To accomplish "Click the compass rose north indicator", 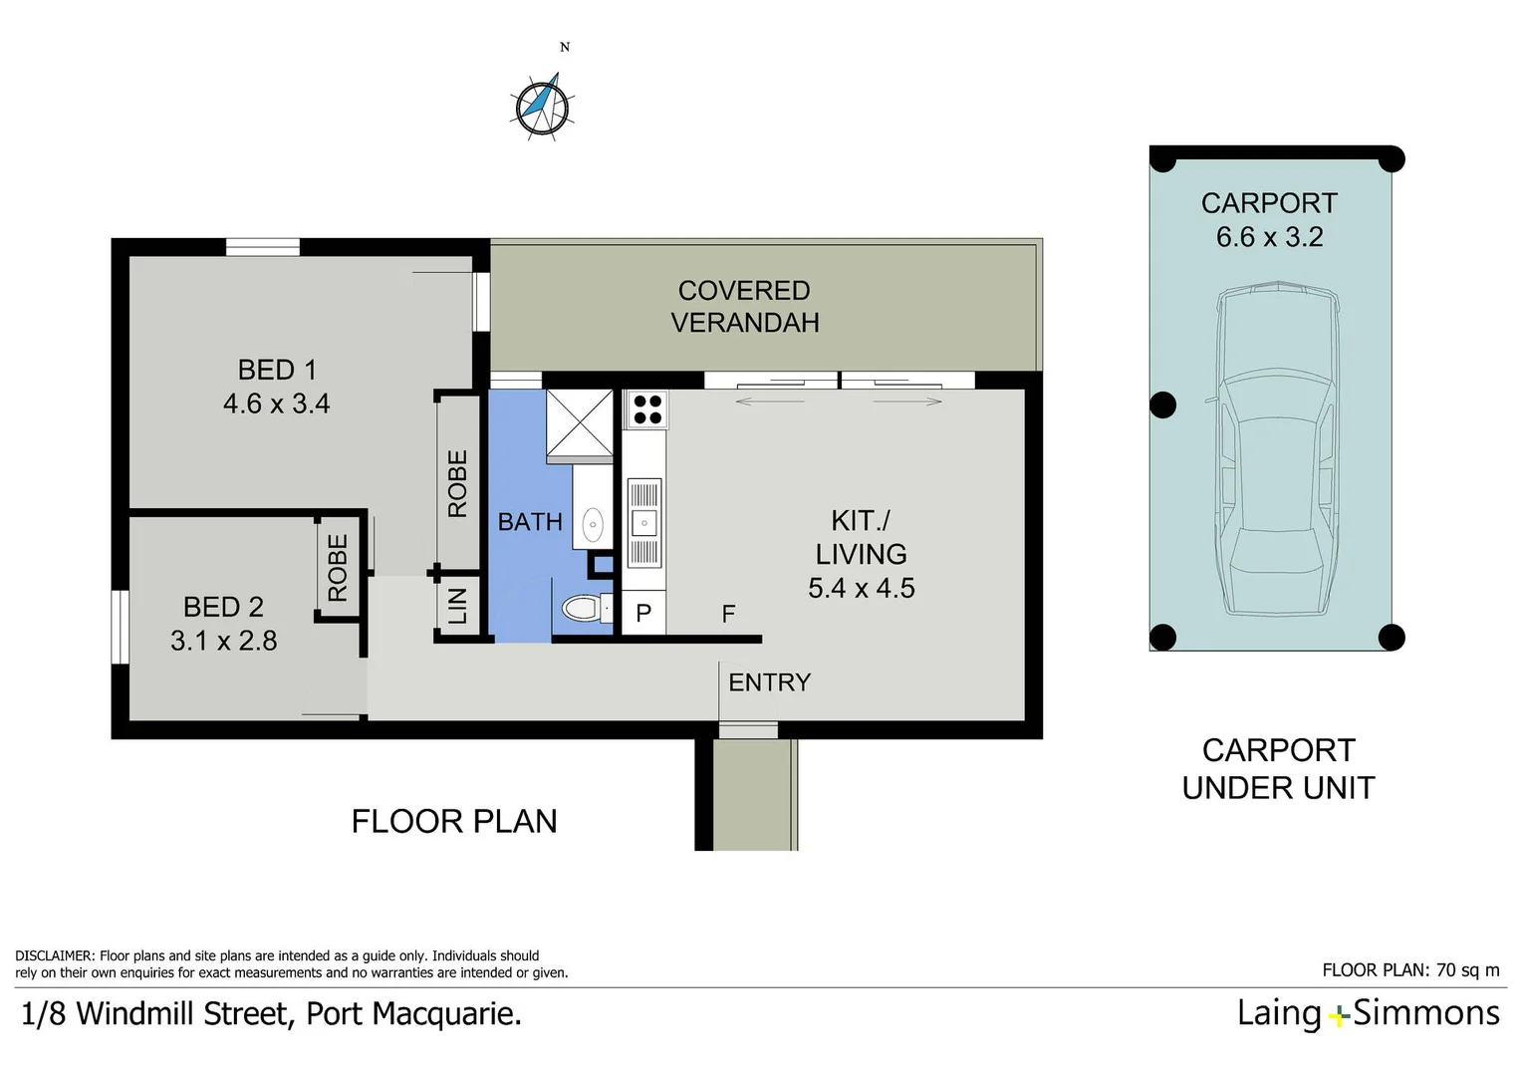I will pos(543,103).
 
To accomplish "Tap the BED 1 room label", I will pos(277,370).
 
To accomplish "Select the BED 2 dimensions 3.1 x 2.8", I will pos(224,641).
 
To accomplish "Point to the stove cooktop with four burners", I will pos(647,409).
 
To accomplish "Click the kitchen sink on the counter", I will pos(643,522).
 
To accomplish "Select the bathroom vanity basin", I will pos(593,523).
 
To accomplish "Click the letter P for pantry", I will pos(643,614).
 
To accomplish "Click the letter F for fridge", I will pos(728,614).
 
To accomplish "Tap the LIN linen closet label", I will pos(457,606).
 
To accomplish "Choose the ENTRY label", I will pos(769,682).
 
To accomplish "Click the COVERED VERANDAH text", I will pos(744,306).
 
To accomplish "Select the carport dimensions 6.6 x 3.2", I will pos(1269,237).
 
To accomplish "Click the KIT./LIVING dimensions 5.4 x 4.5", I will pos(861,588).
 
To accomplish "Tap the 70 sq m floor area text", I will pos(1463,969).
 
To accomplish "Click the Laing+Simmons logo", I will pos(1368,1013).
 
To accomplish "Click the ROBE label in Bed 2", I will pos(338,568).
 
